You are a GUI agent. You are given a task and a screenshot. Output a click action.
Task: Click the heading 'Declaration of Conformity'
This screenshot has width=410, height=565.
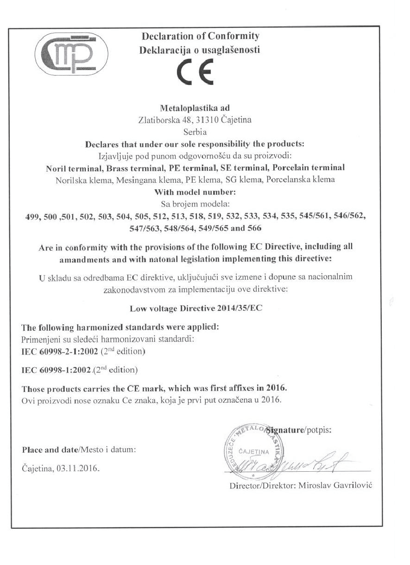click(200, 36)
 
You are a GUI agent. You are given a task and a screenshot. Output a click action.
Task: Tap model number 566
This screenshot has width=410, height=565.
click(255, 228)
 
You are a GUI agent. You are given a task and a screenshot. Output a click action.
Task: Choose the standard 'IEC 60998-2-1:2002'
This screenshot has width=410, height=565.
click(60, 352)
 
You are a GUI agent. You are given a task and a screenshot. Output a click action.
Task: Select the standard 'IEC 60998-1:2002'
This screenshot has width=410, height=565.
click(56, 370)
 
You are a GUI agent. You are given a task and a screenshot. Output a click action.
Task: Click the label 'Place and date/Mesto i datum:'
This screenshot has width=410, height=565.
click(79, 450)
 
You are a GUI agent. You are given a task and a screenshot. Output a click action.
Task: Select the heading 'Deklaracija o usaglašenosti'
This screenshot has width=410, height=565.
click(200, 50)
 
